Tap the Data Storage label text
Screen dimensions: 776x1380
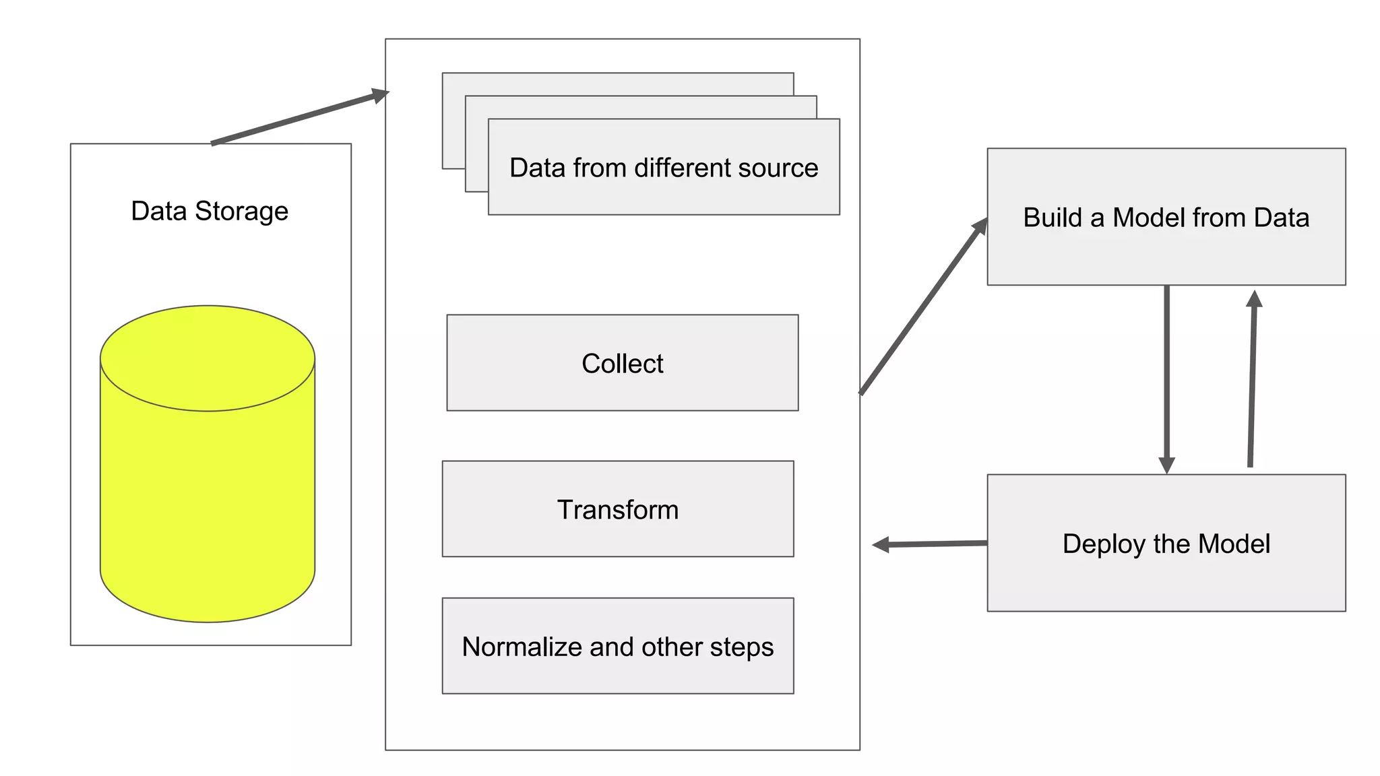click(x=210, y=211)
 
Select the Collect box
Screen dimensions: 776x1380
click(x=622, y=362)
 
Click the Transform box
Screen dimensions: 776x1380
click(x=617, y=509)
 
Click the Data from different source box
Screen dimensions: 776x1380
click(x=664, y=167)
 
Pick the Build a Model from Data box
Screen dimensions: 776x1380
click(x=1166, y=216)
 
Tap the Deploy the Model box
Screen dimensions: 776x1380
click(x=1166, y=543)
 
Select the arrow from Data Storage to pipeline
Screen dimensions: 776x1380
click(x=300, y=117)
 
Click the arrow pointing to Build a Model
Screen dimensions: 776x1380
click(x=923, y=306)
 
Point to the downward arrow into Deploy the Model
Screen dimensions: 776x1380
click(x=1166, y=377)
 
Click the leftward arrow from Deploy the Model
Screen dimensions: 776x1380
click(x=930, y=544)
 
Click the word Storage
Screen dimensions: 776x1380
click(x=241, y=212)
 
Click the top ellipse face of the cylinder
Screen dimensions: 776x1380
click(x=208, y=358)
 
